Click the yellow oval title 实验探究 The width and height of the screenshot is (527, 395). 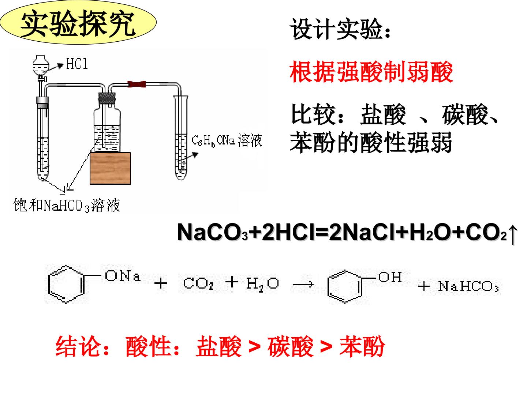tap(78, 23)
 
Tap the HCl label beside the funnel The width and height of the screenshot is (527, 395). tap(77, 64)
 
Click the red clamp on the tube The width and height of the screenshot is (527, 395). tap(137, 84)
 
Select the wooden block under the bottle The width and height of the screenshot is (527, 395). tap(111, 168)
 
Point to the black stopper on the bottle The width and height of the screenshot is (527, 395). tap(107, 98)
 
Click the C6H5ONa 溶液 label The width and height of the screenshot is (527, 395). tap(227, 141)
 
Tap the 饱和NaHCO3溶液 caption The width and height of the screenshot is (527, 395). tap(67, 205)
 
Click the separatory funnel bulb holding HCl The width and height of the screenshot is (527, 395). tap(41, 65)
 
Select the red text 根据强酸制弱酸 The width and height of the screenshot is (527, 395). tap(371, 72)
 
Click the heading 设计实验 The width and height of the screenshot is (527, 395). tap(340, 29)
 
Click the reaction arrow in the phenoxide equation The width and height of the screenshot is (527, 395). tap(303, 285)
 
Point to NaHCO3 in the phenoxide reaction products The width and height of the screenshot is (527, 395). tap(468, 286)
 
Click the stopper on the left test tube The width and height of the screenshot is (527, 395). tap(42, 101)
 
